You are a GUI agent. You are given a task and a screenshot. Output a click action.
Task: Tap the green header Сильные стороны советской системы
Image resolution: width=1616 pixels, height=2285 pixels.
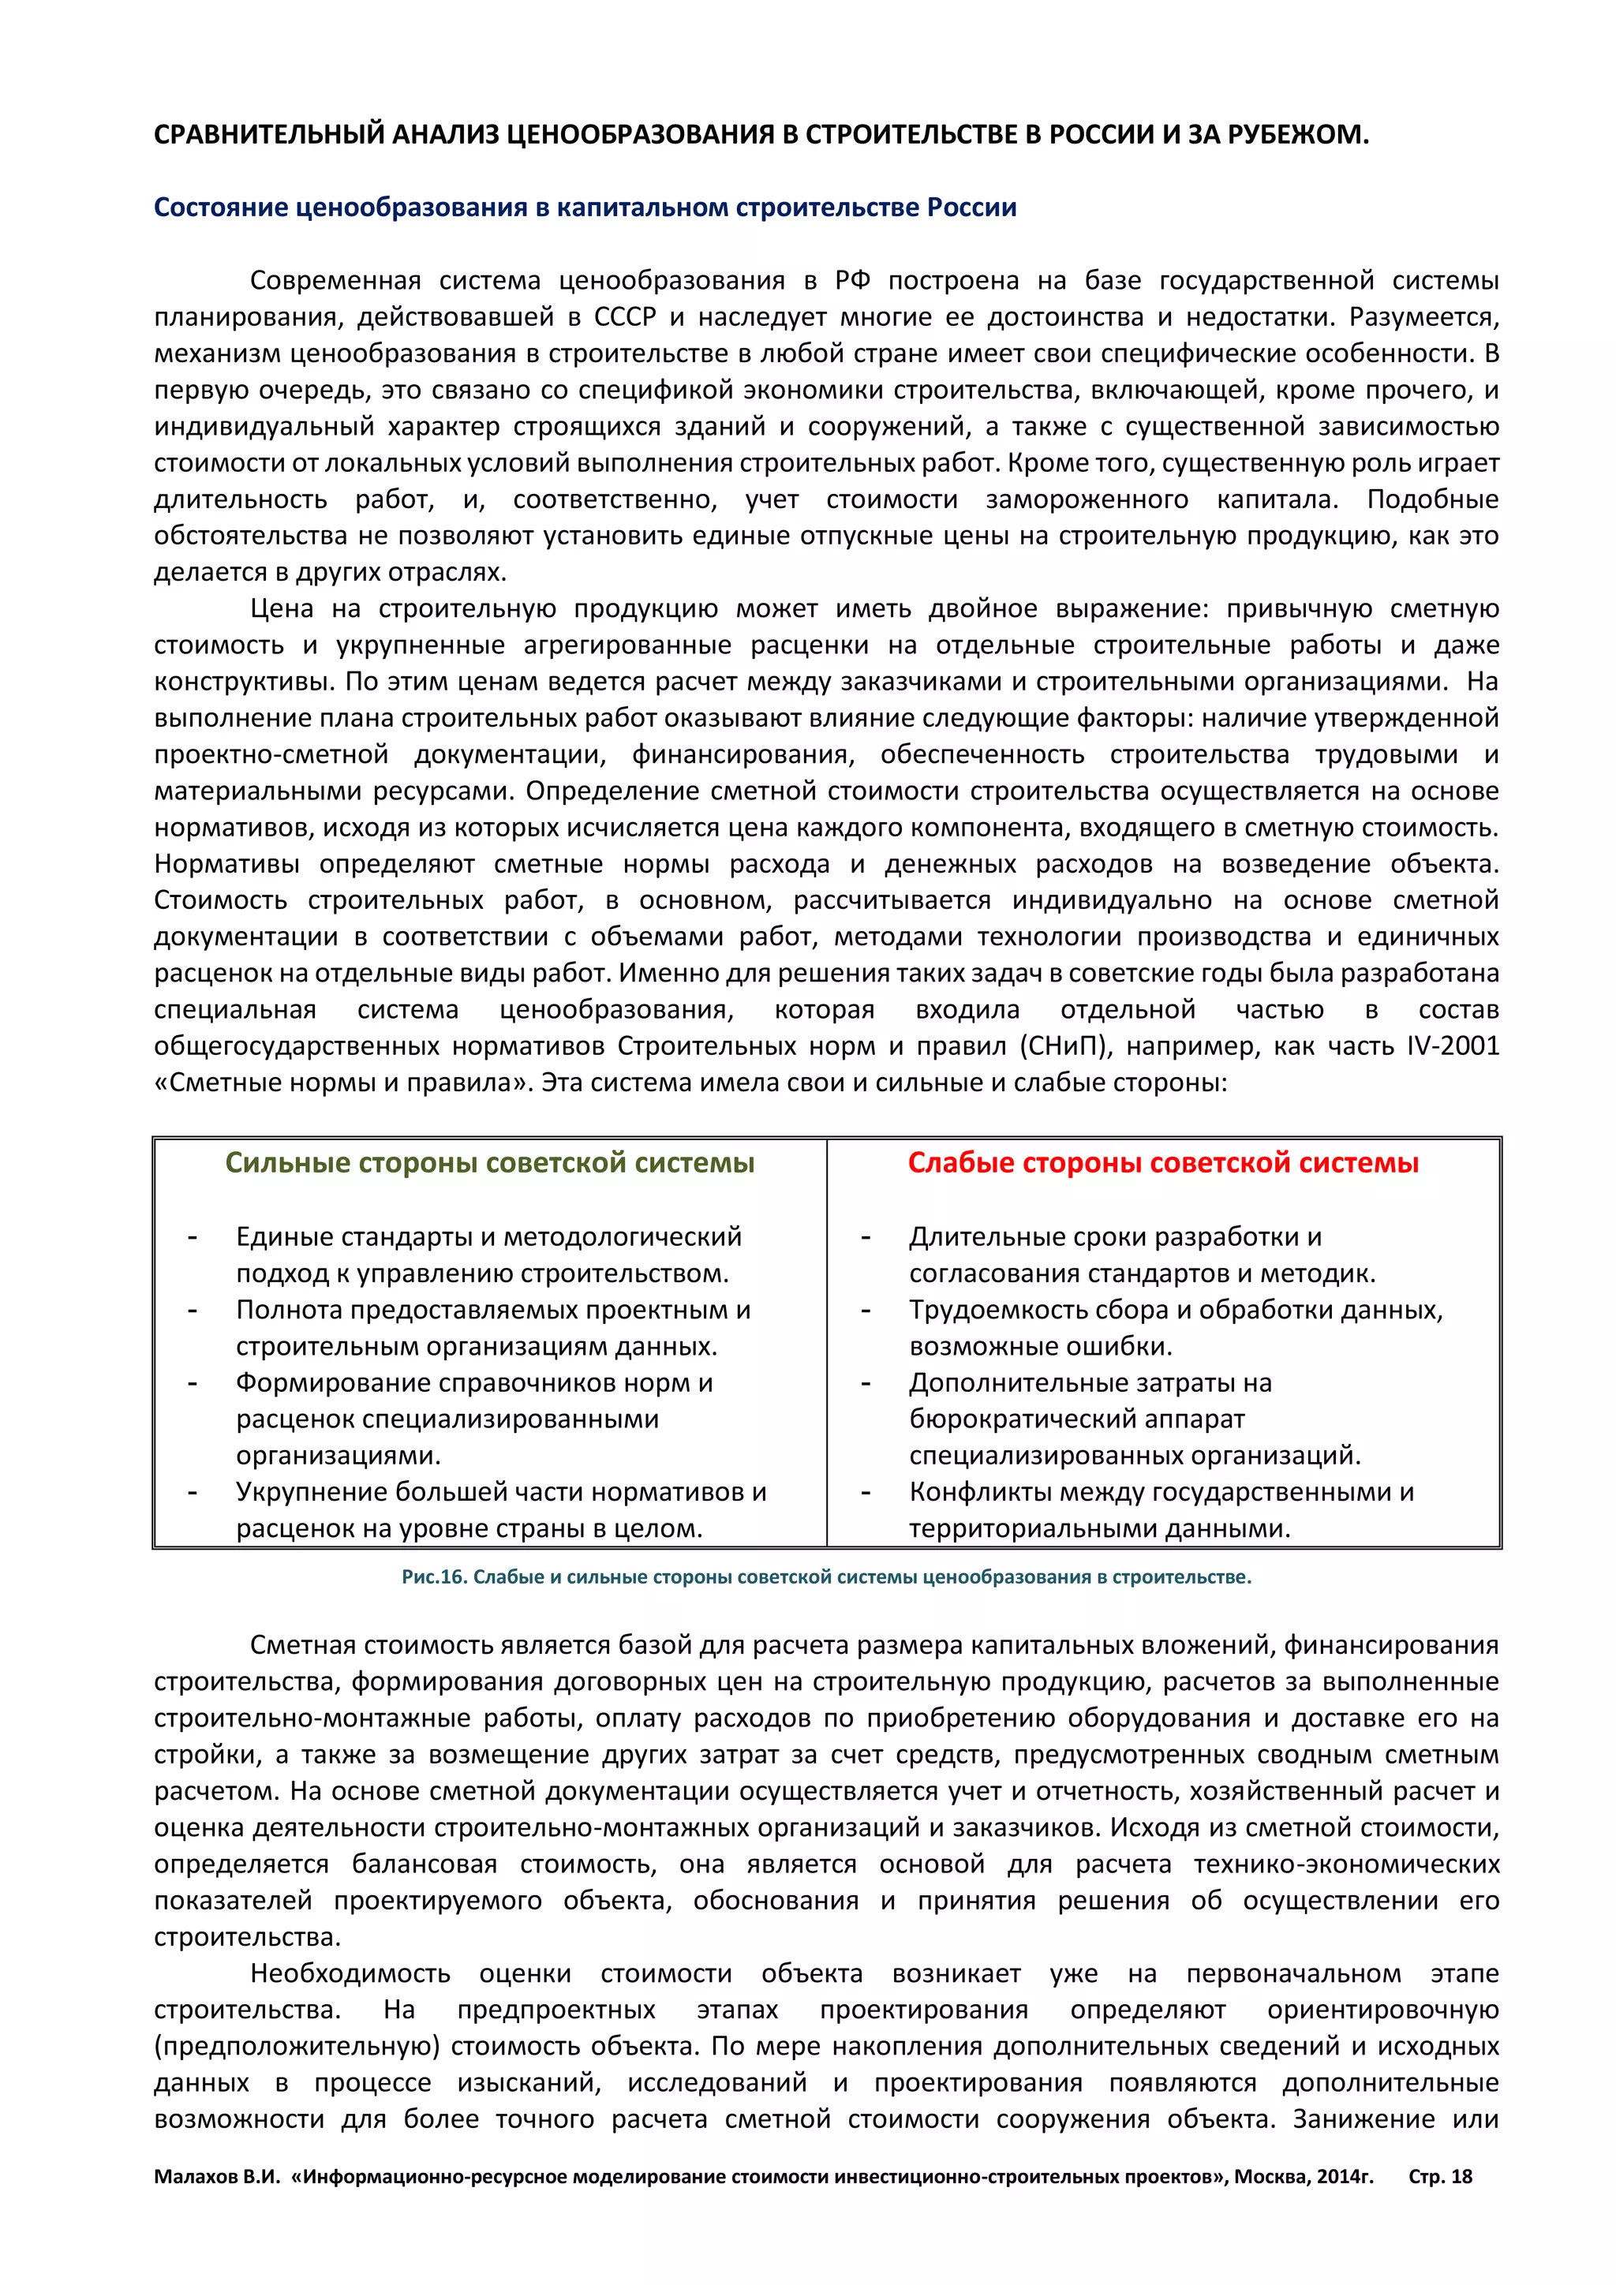point(489,1162)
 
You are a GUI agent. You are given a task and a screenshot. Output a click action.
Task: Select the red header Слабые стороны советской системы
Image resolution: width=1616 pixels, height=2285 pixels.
point(1162,1162)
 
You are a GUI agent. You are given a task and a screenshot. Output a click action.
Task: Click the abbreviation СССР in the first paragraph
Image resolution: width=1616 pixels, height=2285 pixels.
point(625,317)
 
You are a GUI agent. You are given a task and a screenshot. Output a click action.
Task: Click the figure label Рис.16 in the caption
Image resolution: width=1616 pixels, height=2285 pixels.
point(434,1576)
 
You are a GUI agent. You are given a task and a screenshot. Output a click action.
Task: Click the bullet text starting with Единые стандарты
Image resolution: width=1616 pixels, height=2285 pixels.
point(488,1237)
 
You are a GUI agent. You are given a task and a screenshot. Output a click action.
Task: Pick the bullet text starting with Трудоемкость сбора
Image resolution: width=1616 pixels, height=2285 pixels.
point(1175,1310)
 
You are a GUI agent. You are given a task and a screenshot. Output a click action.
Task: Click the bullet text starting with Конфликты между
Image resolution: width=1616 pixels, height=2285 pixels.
point(1160,1492)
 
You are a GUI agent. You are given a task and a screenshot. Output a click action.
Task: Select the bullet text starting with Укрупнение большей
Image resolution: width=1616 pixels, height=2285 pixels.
point(500,1492)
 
